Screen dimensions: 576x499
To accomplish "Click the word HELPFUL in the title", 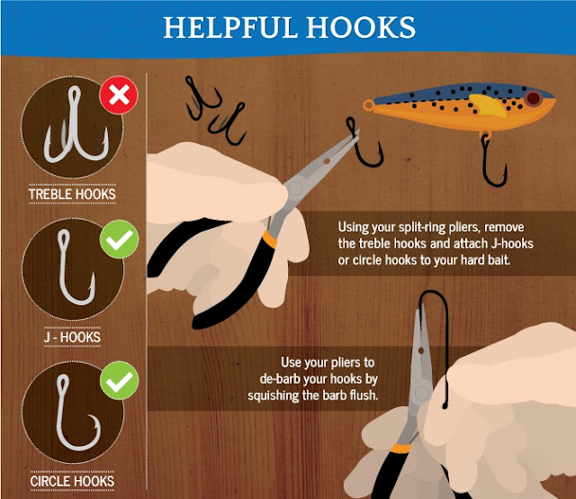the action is (229, 28).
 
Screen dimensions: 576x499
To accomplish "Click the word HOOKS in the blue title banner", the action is (361, 28).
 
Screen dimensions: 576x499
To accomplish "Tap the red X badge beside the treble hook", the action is (119, 95).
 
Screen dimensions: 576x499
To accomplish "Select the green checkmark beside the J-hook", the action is (119, 239).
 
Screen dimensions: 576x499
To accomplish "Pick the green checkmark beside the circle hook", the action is (119, 380).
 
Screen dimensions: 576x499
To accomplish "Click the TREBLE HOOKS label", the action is (72, 195).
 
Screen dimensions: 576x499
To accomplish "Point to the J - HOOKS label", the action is (72, 337).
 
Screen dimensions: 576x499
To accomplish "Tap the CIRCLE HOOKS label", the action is (72, 481).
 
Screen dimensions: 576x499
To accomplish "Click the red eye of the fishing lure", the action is (533, 98).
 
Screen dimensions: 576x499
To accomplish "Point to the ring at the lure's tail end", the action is (368, 105).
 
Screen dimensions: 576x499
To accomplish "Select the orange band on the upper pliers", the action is (270, 239).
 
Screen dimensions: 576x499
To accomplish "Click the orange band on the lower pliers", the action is (401, 449).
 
